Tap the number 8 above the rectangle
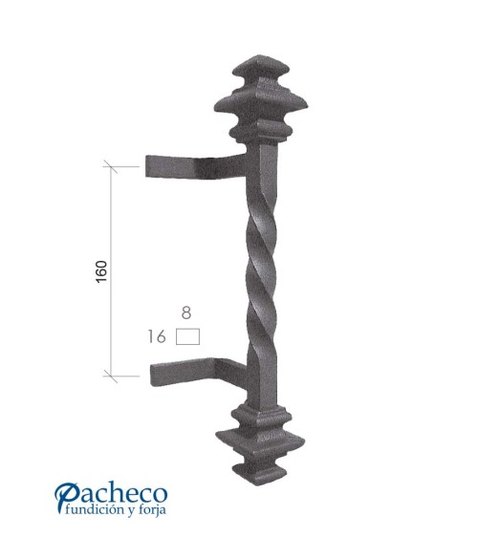(x=186, y=312)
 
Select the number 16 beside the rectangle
(x=159, y=336)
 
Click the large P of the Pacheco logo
(x=67, y=497)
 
